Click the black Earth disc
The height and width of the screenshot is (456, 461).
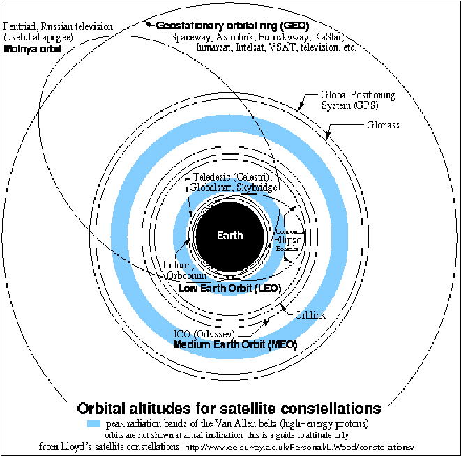pos(229,235)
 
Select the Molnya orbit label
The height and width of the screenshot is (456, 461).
pos(33,50)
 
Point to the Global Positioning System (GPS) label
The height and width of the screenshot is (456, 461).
pos(356,100)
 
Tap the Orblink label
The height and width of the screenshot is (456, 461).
pos(310,315)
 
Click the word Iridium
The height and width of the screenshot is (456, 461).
pos(177,265)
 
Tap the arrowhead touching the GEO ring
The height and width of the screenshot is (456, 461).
pos(148,24)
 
